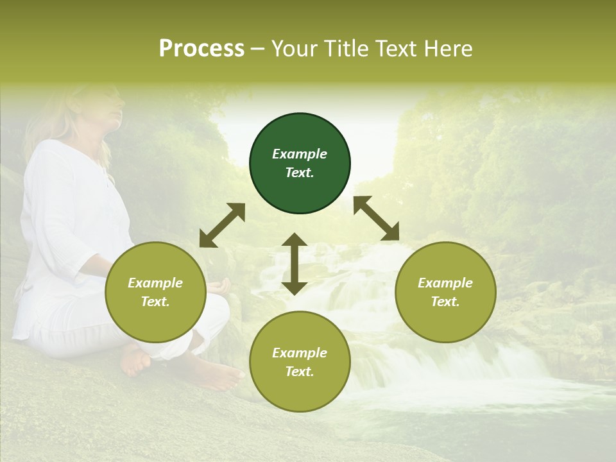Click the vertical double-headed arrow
(295, 264)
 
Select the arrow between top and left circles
(222, 225)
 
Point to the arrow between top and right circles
(376, 218)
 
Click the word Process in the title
(201, 49)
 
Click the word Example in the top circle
(300, 154)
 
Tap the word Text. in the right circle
(445, 302)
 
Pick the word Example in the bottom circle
(300, 353)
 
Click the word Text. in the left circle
(155, 302)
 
